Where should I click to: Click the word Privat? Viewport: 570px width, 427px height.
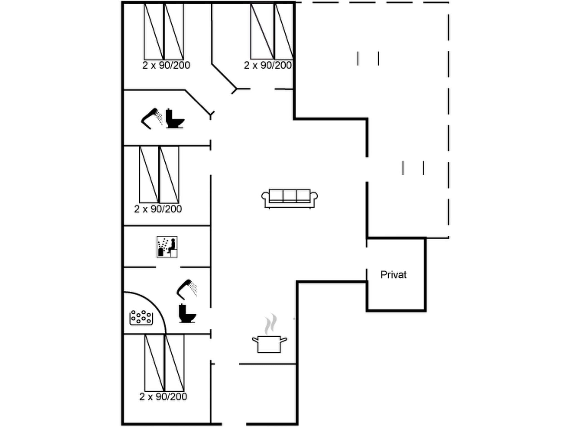[x=393, y=275]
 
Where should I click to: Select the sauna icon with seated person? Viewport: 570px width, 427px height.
[x=167, y=247]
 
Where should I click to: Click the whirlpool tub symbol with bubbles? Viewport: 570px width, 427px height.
[x=141, y=317]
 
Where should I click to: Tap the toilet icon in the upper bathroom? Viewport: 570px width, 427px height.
[x=175, y=119]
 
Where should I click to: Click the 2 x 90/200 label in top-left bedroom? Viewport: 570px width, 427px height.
[x=166, y=65]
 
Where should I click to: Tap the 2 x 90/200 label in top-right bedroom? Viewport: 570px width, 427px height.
[x=268, y=65]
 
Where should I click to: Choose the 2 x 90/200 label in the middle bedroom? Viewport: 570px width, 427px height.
[x=158, y=209]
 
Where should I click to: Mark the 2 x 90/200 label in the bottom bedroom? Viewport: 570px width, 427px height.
[x=163, y=397]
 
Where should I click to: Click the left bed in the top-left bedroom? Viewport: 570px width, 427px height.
[x=153, y=31]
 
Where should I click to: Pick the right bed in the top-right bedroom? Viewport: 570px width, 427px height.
[x=284, y=31]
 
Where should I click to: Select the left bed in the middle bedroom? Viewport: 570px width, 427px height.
[x=149, y=175]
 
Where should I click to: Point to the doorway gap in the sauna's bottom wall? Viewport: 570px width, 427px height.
[x=168, y=267]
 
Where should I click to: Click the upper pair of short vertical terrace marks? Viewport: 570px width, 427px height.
[x=368, y=58]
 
